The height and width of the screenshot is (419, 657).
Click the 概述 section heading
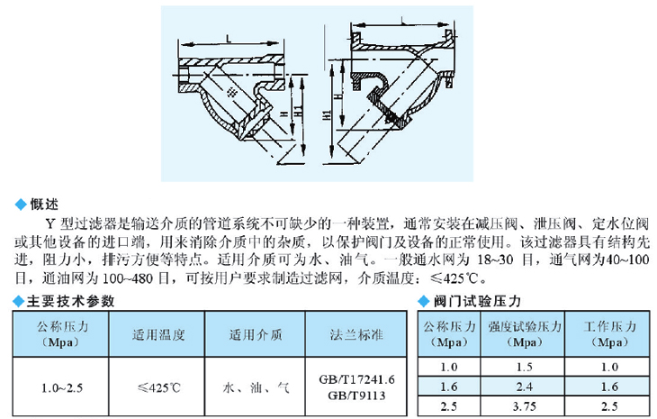pyautogui.click(x=44, y=205)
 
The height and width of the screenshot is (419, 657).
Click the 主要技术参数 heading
pyautogui.click(x=70, y=301)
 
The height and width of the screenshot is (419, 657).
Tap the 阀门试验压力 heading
pyautogui.click(x=477, y=301)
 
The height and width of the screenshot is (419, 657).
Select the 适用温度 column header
pyautogui.click(x=158, y=334)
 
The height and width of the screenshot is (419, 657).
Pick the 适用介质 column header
pyautogui.click(x=256, y=334)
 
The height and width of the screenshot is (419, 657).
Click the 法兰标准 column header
pyautogui.click(x=356, y=334)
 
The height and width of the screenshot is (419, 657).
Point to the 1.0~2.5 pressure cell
pyautogui.click(x=61, y=388)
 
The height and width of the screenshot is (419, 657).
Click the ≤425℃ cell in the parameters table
pyautogui.click(x=158, y=387)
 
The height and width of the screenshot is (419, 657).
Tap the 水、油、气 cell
pyautogui.click(x=256, y=387)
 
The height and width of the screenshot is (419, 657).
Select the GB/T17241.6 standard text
pyautogui.click(x=356, y=379)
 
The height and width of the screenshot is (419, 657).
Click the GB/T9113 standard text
pyautogui.click(x=356, y=396)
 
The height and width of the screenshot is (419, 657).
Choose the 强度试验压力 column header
pyautogui.click(x=524, y=326)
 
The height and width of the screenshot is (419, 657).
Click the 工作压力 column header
pyautogui.click(x=609, y=326)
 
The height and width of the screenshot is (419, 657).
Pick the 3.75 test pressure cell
pyautogui.click(x=524, y=406)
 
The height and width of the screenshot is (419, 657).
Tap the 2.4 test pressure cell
pyautogui.click(x=524, y=387)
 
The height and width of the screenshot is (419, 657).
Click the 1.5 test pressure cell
pyautogui.click(x=524, y=367)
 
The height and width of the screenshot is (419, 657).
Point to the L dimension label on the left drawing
pyautogui.click(x=229, y=39)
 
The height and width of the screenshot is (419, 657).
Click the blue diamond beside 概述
pyautogui.click(x=21, y=205)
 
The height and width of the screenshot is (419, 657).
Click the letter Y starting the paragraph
pyautogui.click(x=50, y=223)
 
